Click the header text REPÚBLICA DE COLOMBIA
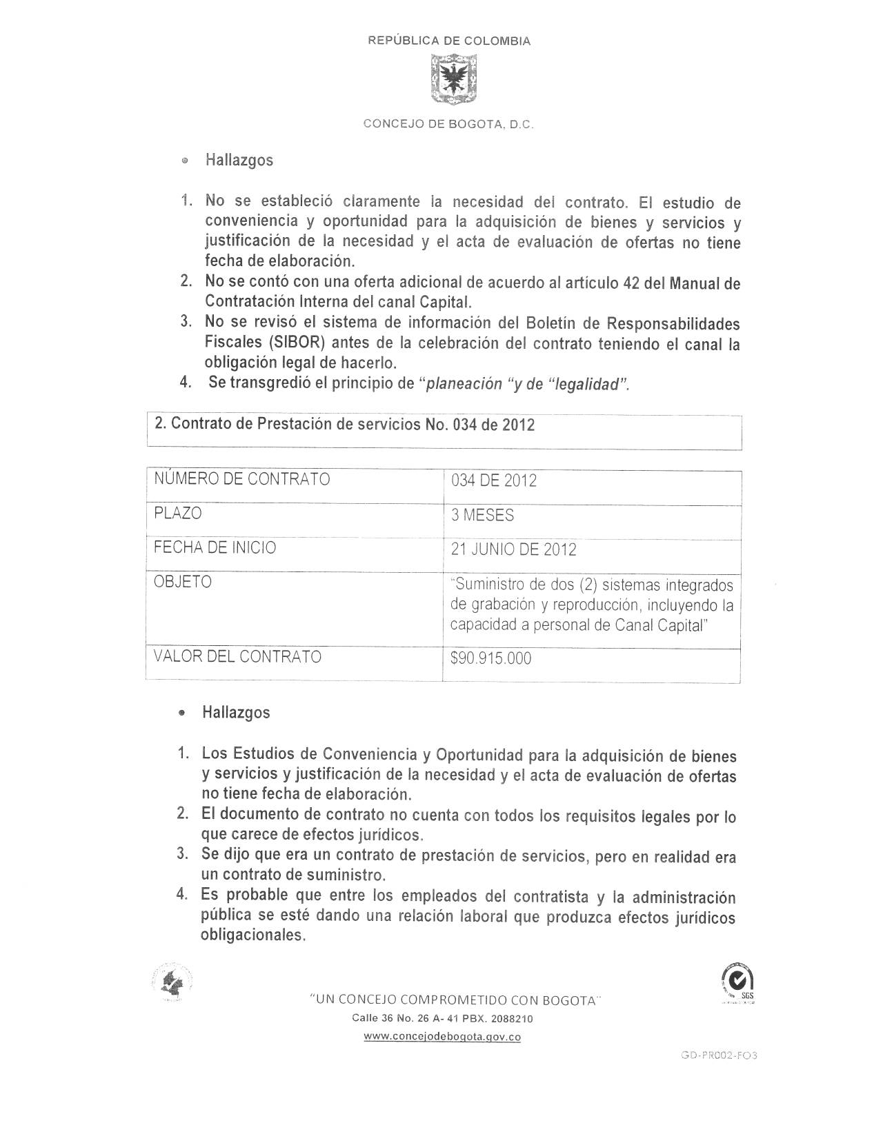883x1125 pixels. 449,41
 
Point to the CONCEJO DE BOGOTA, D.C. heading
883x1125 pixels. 449,125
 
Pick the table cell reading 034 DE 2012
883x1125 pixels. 494,480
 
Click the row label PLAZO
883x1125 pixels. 178,514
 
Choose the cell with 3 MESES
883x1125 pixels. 482,515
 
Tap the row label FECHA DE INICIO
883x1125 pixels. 215,547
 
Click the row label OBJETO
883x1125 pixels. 183,582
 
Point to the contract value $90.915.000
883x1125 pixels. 490,658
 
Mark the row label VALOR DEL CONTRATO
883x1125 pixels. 237,656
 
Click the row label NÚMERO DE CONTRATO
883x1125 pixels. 241,479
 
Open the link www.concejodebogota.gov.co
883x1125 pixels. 441,1037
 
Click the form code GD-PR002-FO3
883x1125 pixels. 719,1055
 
